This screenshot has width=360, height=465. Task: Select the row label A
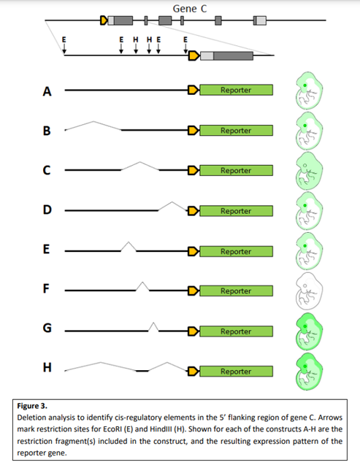coord(47,91)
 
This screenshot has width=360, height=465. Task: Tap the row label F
coord(47,288)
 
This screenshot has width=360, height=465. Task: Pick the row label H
coord(47,367)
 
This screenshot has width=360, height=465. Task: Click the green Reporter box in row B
coord(236,131)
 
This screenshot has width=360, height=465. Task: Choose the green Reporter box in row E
coord(236,251)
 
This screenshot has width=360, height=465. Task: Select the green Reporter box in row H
coord(236,372)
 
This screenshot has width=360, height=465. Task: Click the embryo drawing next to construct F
coord(309,290)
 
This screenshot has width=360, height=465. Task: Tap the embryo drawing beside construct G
coord(309,330)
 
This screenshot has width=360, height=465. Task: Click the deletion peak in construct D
coord(172,202)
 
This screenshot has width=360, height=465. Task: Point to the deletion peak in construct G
coord(153,323)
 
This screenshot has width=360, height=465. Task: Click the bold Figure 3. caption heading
coord(38,403)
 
